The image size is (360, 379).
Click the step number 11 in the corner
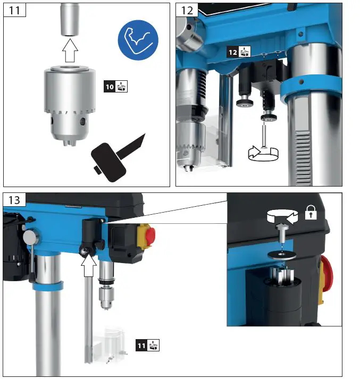coord(14,10)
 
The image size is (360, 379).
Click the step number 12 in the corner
coord(187,10)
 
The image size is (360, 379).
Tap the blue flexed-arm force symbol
coord(137,39)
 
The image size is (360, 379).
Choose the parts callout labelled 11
coord(147,344)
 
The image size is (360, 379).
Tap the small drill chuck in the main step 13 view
coord(105,299)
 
